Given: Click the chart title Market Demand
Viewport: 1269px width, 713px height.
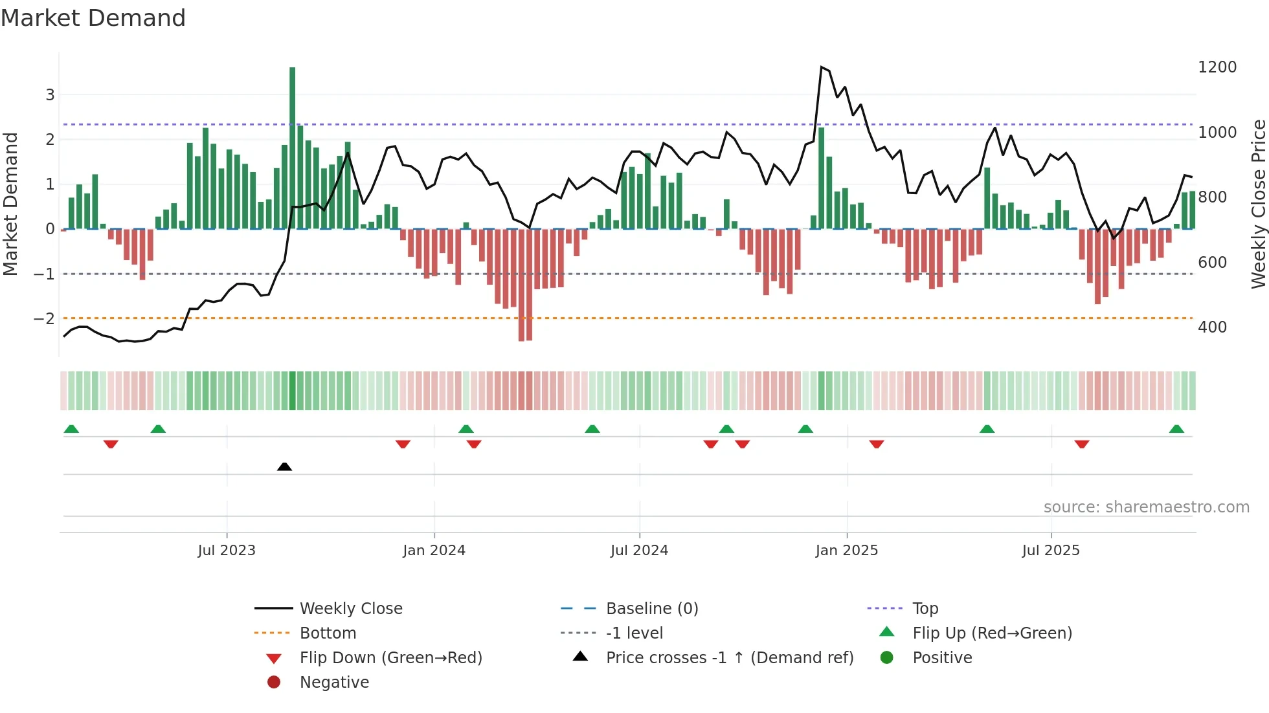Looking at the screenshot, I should coord(93,18).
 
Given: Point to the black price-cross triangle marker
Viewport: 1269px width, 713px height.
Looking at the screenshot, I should coord(284,466).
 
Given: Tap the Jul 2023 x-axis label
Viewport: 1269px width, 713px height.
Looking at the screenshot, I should coord(227,551).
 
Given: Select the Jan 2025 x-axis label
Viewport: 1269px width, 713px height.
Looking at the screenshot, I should coord(846,551).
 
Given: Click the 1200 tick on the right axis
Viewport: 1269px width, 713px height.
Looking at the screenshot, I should coord(1217,67).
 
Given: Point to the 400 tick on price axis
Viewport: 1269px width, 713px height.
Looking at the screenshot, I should coord(1212,327).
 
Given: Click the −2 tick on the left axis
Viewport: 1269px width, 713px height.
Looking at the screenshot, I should coord(44,318).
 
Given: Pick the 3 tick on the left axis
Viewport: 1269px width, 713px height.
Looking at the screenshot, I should coord(50,95).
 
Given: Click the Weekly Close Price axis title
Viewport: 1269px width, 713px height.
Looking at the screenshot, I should coord(1258,204).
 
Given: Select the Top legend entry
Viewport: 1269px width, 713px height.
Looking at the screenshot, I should coord(925,609).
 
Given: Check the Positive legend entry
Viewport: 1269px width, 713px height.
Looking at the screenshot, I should coord(942,658).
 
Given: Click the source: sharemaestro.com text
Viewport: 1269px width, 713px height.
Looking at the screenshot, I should coord(1146,507).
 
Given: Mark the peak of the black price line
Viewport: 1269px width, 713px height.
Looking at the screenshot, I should coord(822,67).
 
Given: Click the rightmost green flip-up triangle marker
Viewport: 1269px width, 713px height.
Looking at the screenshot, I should coord(1176,429).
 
